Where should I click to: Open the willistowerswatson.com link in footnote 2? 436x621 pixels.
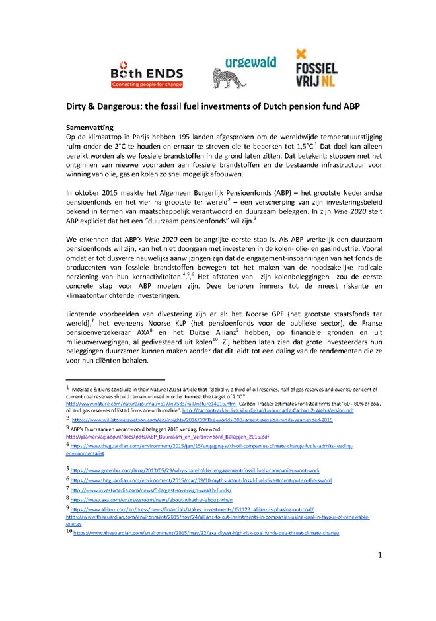[201, 420]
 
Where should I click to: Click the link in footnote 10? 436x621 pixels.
[206, 532]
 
